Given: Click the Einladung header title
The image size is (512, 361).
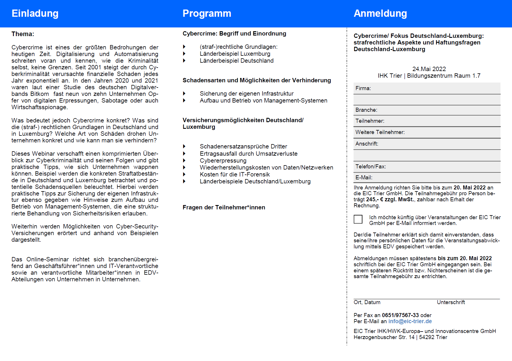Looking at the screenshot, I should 35,14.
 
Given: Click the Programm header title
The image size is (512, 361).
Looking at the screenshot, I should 207,14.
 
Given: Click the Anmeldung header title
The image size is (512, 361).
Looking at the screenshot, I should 380,14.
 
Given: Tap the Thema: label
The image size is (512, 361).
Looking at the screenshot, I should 23,34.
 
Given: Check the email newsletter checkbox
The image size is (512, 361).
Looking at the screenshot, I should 358,219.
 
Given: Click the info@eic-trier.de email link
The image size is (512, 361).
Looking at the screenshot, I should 410,321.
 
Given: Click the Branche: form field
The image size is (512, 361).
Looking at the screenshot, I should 427,110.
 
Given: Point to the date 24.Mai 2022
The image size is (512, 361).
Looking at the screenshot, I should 429,69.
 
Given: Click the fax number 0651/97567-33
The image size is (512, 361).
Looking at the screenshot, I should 400,315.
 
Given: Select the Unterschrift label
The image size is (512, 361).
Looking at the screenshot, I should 450,302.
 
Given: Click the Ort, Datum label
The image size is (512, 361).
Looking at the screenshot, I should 367,302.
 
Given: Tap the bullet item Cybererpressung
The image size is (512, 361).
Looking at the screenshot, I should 223,161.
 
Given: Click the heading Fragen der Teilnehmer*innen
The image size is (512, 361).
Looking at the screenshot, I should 224,207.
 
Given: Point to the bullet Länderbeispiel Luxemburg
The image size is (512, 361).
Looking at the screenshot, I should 235,54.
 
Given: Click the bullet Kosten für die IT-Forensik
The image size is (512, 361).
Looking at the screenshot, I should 234,174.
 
